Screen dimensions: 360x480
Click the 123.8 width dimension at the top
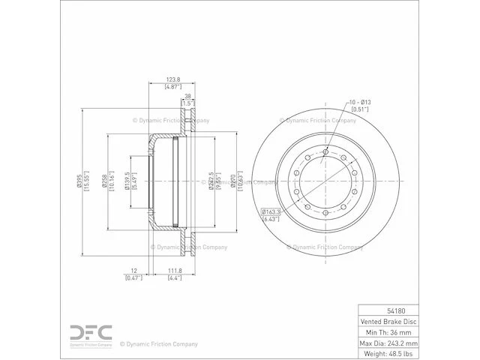(174, 78)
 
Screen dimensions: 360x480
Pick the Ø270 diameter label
(233, 181)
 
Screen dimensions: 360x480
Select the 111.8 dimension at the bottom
(175, 270)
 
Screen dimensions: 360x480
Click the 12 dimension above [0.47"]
(133, 270)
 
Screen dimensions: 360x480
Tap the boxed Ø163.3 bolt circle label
(271, 212)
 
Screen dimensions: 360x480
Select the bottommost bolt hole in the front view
(325, 216)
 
